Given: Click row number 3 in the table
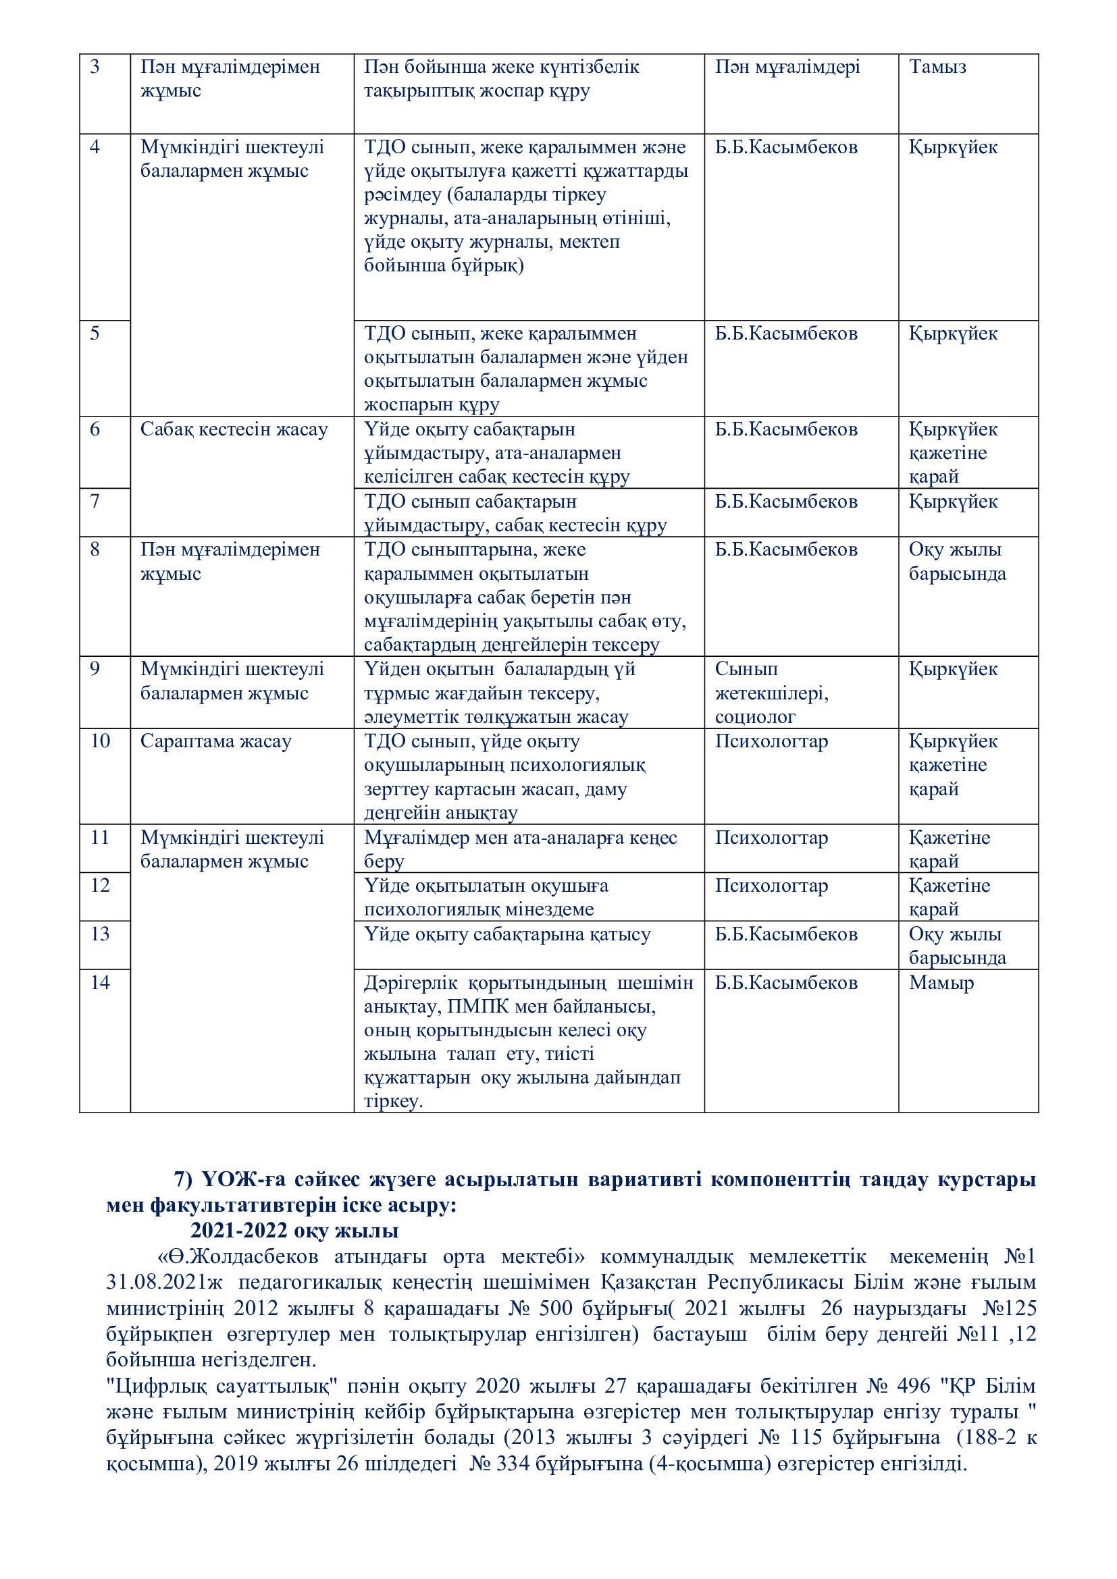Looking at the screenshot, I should coord(95,68).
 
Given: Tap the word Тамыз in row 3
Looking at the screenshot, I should coord(937,68).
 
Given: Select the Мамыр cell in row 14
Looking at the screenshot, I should coord(941,983).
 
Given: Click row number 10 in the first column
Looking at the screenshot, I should coord(101,741).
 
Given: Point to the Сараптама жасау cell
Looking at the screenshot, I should coord(216,741).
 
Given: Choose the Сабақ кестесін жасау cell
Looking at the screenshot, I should coord(234,430).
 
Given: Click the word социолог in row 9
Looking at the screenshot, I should coord(755,718).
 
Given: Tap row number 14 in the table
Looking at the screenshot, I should coord(101,983).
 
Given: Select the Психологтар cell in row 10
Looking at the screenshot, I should coord(771,741).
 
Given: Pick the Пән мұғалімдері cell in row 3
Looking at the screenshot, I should coord(787,68).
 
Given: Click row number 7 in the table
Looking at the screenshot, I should coord(95,502).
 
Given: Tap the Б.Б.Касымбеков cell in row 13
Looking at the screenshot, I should coord(786,934).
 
